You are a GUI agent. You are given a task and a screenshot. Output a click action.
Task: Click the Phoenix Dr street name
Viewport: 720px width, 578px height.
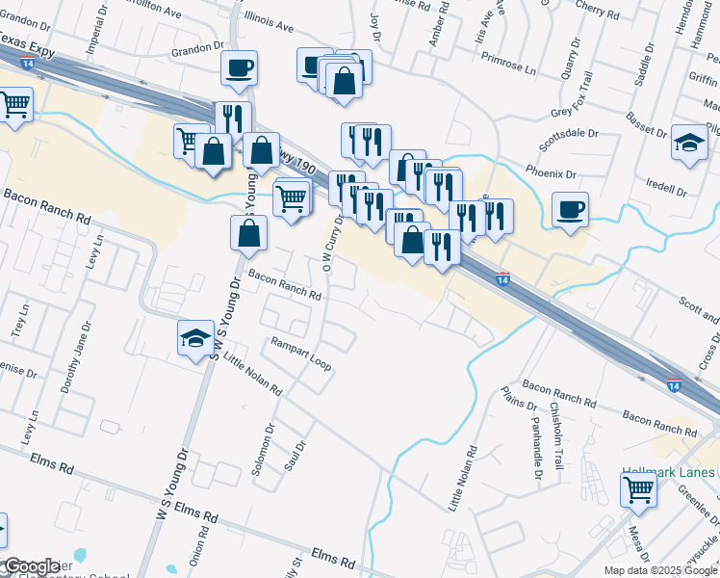tap(551, 174)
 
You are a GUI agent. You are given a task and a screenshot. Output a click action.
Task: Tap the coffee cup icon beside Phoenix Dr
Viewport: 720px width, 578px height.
tap(571, 210)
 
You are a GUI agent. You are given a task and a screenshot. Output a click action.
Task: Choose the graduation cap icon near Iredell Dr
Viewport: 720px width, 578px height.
tap(689, 143)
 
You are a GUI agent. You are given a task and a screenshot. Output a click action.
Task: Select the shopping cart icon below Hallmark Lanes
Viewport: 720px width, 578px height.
tap(639, 490)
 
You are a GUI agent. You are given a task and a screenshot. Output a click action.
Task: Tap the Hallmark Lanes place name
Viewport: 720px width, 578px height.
tap(668, 471)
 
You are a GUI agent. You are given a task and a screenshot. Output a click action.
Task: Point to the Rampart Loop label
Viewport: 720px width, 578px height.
tap(300, 353)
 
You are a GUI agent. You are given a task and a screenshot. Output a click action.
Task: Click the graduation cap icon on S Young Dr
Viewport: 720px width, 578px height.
tap(195, 338)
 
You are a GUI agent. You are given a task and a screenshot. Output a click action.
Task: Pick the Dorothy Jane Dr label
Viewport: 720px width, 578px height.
tap(73, 357)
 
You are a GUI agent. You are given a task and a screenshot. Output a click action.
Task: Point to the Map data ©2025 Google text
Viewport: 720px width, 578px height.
tap(659, 570)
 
